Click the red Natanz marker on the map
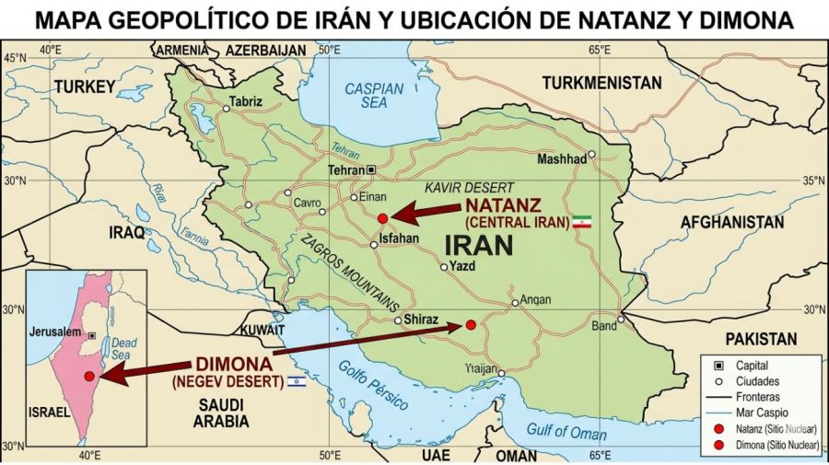(383, 218)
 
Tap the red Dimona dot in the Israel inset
(89, 376)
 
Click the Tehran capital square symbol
(371, 170)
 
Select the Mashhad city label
(562, 159)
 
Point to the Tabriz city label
(246, 101)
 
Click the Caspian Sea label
(373, 96)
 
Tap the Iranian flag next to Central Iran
(581, 222)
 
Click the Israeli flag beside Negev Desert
(297, 380)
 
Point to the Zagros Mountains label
(349, 273)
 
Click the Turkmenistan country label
(601, 83)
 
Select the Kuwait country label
(262, 329)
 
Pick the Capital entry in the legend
(752, 366)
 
